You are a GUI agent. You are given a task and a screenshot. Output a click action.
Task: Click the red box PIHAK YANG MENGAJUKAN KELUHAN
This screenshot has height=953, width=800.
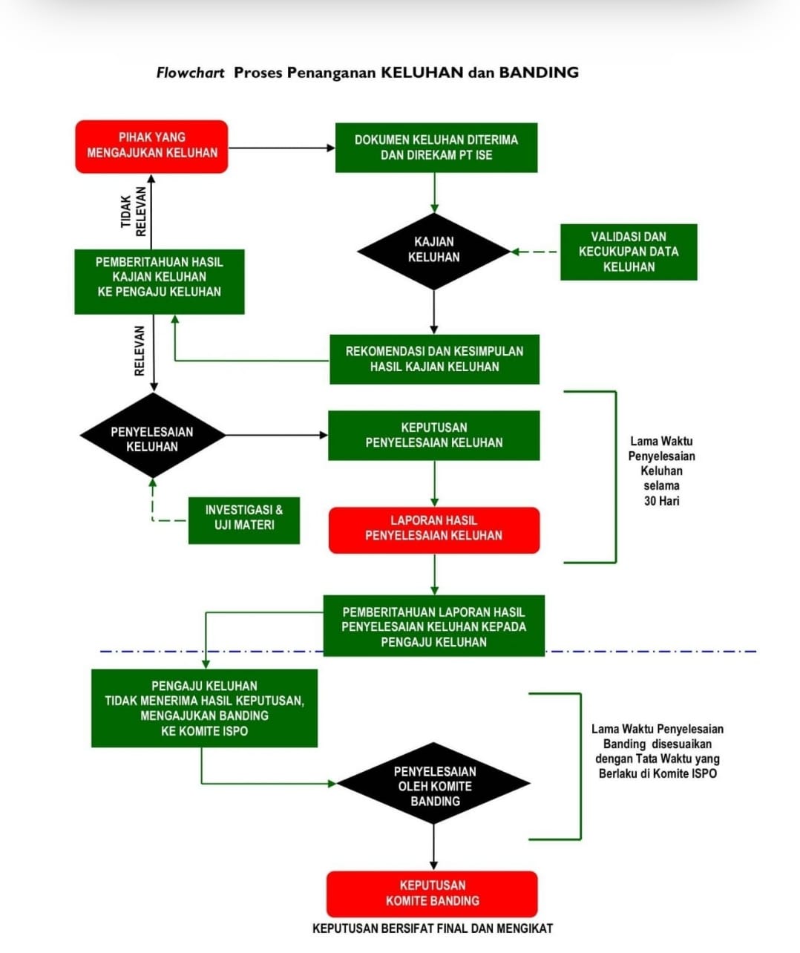[151, 146]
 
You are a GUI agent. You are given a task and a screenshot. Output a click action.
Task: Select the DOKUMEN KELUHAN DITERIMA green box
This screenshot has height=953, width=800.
[436, 148]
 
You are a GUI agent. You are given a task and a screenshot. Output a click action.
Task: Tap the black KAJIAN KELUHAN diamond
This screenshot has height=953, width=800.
[434, 250]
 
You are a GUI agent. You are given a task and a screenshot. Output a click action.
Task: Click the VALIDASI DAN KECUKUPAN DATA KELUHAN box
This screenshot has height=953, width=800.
[628, 252]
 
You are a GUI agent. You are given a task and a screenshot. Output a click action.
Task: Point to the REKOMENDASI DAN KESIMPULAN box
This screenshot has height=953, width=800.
[434, 359]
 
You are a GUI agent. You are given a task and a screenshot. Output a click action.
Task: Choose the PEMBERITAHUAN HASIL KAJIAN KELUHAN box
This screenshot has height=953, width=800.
[159, 281]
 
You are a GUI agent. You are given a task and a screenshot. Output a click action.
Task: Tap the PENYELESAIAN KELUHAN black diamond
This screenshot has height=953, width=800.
[152, 438]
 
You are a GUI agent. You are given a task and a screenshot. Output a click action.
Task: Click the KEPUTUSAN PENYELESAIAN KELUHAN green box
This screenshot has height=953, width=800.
[434, 436]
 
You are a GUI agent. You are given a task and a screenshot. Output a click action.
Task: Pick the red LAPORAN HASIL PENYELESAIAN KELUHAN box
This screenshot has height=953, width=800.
[434, 529]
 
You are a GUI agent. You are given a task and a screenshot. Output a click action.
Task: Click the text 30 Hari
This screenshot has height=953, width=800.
[660, 501]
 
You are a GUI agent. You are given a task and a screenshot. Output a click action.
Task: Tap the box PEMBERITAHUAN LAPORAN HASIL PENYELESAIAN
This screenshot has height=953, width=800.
[434, 626]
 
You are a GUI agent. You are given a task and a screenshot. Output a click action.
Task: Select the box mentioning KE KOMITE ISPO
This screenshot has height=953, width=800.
[204, 708]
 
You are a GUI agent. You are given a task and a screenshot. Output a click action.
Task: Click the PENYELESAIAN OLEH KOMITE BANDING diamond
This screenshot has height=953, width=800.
[434, 785]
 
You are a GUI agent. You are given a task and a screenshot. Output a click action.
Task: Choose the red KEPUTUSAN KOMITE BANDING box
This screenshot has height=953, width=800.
[432, 893]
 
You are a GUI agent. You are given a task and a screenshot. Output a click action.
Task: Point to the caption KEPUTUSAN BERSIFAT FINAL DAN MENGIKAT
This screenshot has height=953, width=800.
[432, 929]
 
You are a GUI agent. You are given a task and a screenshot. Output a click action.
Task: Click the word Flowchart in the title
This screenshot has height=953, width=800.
[190, 73]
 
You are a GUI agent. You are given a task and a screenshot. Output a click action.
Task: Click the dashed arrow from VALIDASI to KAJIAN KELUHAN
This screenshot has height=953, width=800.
[536, 252]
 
